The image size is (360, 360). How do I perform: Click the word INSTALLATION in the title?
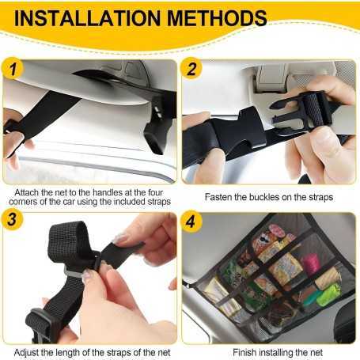pyautogui.click(x=87, y=18)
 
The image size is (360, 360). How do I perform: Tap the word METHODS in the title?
pyautogui.click(x=217, y=18)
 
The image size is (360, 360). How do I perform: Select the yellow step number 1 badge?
pyautogui.click(x=13, y=68)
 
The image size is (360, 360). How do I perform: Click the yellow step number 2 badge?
pyautogui.click(x=191, y=68)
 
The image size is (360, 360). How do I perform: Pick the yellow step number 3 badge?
pyautogui.click(x=12, y=219)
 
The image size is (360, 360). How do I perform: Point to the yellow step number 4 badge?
pyautogui.click(x=191, y=222)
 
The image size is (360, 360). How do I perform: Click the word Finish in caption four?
pyautogui.click(x=244, y=352)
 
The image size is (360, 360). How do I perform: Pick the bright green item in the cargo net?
pyautogui.click(x=328, y=295)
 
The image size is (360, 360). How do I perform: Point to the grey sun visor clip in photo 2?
pyautogui.click(x=271, y=78)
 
